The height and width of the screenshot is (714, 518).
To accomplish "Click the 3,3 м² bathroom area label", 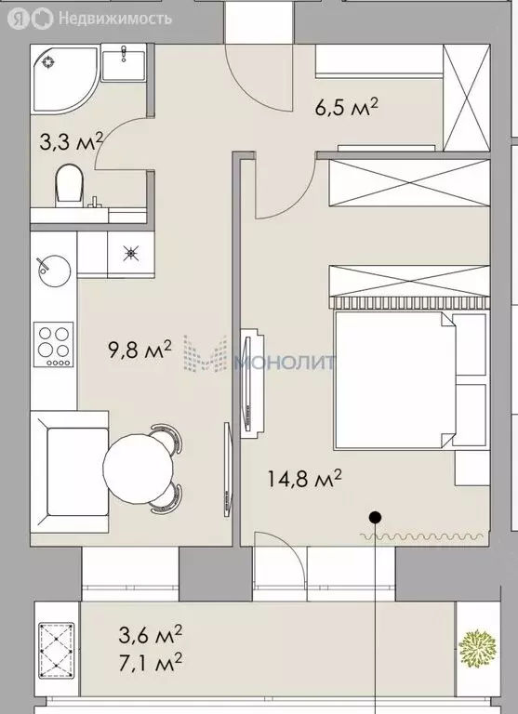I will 71,142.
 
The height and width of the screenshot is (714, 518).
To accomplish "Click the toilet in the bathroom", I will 68,183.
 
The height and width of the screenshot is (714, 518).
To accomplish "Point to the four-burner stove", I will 54,343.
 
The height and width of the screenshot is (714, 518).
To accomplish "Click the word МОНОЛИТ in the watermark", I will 284,361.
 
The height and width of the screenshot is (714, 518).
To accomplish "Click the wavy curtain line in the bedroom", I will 423,535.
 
